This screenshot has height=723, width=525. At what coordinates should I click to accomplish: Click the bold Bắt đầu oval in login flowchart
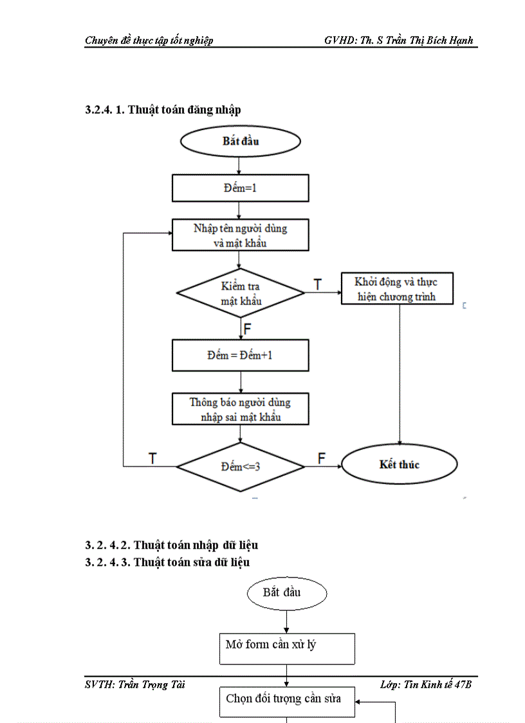point(241,142)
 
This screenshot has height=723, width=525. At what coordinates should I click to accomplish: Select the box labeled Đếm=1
point(241,189)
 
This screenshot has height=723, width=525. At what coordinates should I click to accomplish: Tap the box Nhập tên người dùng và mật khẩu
point(241,236)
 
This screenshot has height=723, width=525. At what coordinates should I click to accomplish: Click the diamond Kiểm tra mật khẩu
point(241,293)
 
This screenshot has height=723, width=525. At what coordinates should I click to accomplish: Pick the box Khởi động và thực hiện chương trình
point(397,288)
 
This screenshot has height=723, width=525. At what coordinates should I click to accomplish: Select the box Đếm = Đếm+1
point(241,355)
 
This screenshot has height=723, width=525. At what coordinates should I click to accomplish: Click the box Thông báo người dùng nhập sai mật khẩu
point(241,409)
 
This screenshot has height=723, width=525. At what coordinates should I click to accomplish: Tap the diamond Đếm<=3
point(241,466)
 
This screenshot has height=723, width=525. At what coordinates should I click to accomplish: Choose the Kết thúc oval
point(399,465)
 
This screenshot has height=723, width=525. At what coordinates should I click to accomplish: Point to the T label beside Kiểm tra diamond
point(317,284)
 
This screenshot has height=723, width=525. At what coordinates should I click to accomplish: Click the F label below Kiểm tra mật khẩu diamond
point(248,330)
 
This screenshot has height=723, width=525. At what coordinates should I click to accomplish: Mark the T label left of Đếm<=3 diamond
point(153,458)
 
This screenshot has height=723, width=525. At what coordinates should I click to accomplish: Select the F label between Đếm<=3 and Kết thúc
point(322,458)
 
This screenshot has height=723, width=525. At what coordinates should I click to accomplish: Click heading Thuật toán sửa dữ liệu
point(167,562)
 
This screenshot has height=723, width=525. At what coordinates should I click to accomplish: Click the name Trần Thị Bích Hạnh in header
point(433,40)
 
